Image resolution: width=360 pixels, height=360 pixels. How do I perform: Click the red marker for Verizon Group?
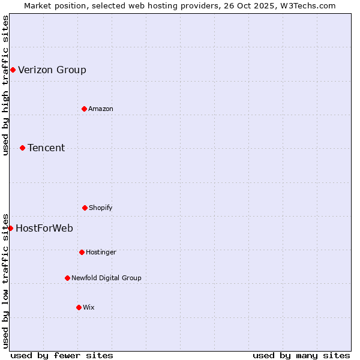pos(13,70)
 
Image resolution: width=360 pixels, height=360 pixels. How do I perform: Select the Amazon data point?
pos(84,109)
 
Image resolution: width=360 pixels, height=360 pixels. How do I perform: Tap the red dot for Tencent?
pos(22,148)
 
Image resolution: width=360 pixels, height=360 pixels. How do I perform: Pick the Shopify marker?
pos(85,208)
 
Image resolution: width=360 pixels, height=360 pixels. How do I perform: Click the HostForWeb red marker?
pos(10,228)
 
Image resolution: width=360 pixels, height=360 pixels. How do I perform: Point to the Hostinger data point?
pos(82,252)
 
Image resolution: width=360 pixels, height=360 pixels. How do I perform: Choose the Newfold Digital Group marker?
pos(67,278)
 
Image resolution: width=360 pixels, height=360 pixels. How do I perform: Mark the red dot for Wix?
pos(79,307)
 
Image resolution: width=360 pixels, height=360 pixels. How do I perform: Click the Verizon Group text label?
pos(52,70)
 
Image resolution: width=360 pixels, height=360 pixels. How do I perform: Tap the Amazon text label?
pos(101,109)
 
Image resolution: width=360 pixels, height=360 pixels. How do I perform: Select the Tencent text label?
pos(46,148)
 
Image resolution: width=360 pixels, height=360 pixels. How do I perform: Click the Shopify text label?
pos(101,208)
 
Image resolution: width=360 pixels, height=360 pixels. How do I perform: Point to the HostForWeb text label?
pos(44,228)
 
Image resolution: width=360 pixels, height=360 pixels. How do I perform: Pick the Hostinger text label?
pos(101,252)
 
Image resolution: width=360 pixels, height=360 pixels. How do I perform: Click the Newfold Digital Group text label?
pos(106,278)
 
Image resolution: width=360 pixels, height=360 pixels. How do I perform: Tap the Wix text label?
pos(89,307)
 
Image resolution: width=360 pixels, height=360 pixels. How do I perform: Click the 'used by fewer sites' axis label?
pos(62,355)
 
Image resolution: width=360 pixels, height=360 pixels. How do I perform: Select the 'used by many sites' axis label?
pos(301,355)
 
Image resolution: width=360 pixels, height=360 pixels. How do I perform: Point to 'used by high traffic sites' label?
pos(5,85)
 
